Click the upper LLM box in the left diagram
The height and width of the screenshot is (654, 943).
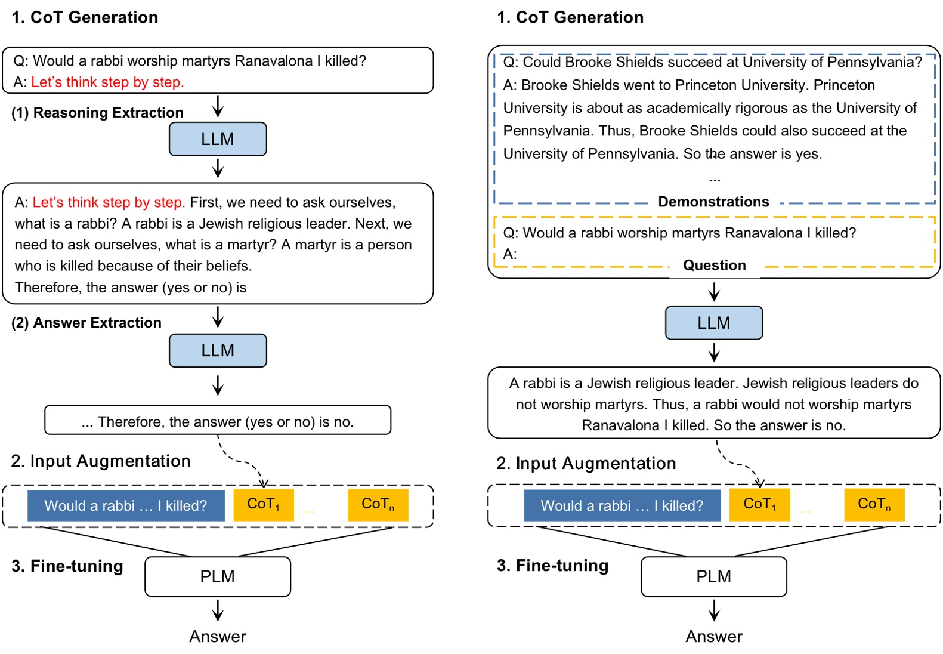click(x=218, y=139)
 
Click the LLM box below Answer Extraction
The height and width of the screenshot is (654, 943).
click(x=218, y=350)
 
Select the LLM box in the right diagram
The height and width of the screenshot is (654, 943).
click(x=714, y=323)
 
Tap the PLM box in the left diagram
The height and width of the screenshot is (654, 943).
click(x=218, y=576)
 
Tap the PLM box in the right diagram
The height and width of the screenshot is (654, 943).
click(x=714, y=576)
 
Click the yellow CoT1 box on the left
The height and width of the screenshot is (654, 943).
click(x=264, y=505)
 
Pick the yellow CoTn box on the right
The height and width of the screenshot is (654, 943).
click(x=874, y=505)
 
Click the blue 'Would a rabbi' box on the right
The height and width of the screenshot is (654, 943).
click(x=622, y=505)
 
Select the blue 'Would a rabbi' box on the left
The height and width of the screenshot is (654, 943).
click(x=126, y=505)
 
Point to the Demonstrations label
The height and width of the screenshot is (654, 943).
click(x=713, y=202)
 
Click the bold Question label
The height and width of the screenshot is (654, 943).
click(x=714, y=266)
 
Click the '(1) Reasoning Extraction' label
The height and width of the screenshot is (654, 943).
click(x=97, y=113)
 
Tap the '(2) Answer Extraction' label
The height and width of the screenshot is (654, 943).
click(x=86, y=323)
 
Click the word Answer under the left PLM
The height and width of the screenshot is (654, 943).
click(x=218, y=637)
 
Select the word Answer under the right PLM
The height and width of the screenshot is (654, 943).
click(x=714, y=637)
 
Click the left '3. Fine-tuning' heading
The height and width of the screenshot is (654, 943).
click(x=67, y=566)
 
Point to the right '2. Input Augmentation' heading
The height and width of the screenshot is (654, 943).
click(x=586, y=464)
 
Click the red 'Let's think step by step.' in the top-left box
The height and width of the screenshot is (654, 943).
click(x=107, y=82)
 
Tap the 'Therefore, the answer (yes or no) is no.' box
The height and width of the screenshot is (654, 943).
click(x=218, y=422)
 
